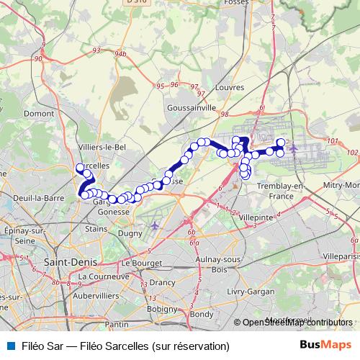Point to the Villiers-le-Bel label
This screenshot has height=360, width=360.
point(102,146)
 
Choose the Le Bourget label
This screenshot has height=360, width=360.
point(138,263)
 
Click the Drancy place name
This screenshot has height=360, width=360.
point(162,282)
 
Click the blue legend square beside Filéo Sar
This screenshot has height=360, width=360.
point(7,346)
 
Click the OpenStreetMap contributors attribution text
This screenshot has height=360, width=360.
point(297,323)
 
